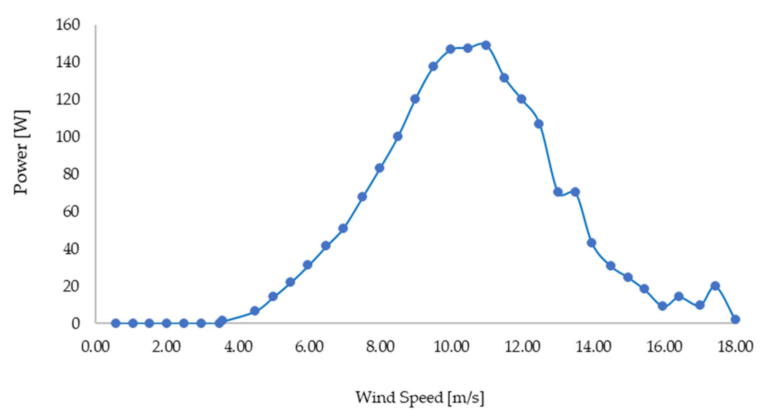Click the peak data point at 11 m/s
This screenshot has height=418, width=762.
click(486, 45)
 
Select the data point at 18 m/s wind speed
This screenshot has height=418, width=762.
click(735, 319)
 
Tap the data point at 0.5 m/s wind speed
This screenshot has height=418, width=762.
click(116, 323)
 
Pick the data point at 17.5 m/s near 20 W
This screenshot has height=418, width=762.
click(715, 286)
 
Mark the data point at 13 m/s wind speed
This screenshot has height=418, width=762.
click(558, 192)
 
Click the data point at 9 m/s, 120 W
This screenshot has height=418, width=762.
click(415, 99)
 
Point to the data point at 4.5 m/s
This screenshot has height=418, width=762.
click(255, 311)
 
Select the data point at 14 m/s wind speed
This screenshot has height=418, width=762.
click(591, 243)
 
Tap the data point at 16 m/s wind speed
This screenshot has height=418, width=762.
click(663, 306)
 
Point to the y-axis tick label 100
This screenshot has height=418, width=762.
click(68, 137)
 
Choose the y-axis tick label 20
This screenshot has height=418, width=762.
click(71, 286)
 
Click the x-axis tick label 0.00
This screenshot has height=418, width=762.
click(95, 346)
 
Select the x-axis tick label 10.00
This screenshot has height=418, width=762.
click(451, 346)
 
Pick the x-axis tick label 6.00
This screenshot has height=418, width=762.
click(309, 346)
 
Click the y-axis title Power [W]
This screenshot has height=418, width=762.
click(21, 152)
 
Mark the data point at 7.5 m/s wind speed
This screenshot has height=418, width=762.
click(362, 197)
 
